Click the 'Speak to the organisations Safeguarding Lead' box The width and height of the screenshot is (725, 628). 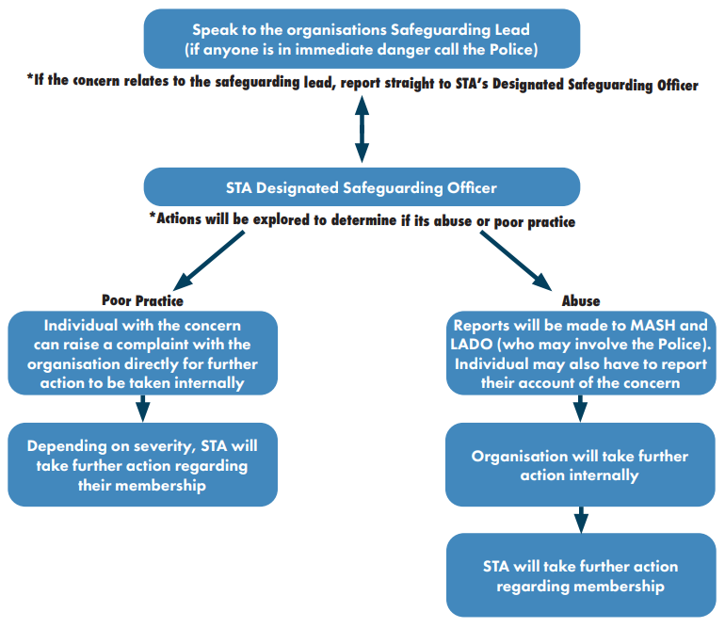(x=362, y=39)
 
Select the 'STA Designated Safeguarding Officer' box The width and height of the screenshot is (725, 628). (x=362, y=186)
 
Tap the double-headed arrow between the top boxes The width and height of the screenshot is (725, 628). (x=362, y=129)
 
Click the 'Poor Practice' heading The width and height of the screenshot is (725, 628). (x=142, y=300)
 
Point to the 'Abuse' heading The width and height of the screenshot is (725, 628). (x=581, y=301)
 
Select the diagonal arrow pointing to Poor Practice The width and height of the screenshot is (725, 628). (x=209, y=261)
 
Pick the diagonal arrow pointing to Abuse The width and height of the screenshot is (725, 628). (x=516, y=261)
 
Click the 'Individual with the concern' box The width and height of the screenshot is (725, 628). (x=142, y=353)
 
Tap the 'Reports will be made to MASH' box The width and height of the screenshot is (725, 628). (x=581, y=353)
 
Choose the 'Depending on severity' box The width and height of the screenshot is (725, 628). (x=142, y=464)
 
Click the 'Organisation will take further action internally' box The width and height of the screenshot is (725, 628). (x=580, y=464)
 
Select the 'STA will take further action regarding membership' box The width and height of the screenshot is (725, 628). (x=581, y=575)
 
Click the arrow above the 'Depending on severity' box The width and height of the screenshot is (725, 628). (x=143, y=409)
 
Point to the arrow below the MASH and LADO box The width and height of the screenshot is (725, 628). (x=580, y=409)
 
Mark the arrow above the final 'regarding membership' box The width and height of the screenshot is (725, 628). (x=581, y=520)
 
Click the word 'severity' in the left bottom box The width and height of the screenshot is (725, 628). (x=161, y=446)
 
